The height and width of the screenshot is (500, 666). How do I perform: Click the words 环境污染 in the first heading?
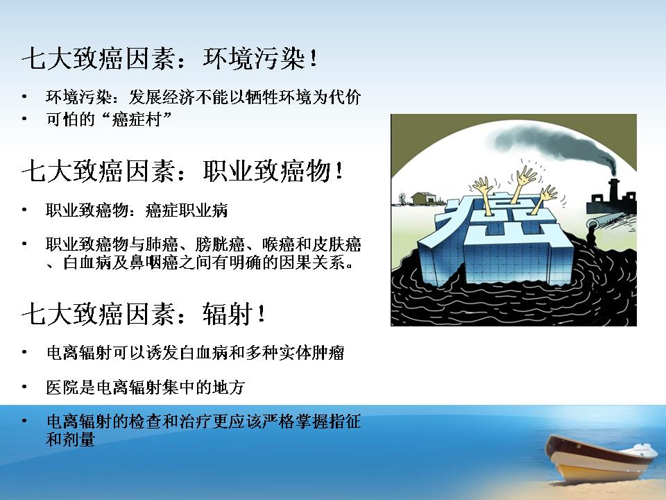255,58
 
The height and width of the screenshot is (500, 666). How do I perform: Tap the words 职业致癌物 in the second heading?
267,171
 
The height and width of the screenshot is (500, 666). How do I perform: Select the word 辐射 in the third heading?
228,314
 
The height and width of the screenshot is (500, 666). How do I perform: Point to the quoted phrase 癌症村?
137,119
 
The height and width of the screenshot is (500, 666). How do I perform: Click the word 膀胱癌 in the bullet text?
220,244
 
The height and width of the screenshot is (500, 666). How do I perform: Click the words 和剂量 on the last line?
70,439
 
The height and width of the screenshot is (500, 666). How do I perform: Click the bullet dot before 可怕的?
25,119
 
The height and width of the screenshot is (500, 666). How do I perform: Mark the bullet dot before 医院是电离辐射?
25,387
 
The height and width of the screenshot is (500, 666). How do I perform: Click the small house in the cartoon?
425,198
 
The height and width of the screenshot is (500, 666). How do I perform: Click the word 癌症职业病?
187,210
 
